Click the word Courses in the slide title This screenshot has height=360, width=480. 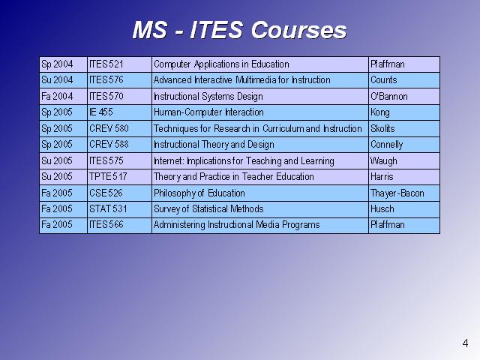pyautogui.click(x=298, y=30)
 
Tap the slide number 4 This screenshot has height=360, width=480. pyautogui.click(x=465, y=343)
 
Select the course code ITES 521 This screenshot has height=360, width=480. pyautogui.click(x=106, y=64)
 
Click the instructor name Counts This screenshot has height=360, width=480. pyautogui.click(x=383, y=80)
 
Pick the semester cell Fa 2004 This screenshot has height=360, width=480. pyautogui.click(x=57, y=97)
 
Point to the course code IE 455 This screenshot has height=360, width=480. pyautogui.click(x=101, y=112)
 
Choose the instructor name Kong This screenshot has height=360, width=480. pyautogui.click(x=380, y=112)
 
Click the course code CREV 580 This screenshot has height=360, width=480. pyautogui.click(x=109, y=128)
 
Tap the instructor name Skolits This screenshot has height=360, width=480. pyautogui.click(x=382, y=128)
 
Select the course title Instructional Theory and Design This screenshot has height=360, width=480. pyautogui.click(x=214, y=145)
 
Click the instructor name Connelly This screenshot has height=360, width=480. pyautogui.click(x=387, y=145)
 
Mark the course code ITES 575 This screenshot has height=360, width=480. pyautogui.click(x=106, y=160)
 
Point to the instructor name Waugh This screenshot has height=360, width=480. pyautogui.click(x=383, y=161)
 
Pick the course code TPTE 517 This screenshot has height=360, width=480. pyautogui.click(x=108, y=177)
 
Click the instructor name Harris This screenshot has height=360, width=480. pyautogui.click(x=382, y=177)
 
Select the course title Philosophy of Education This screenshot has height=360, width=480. pyautogui.click(x=199, y=193)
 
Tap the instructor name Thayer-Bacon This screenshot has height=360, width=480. pyautogui.click(x=397, y=193)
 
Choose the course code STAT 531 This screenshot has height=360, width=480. pyautogui.click(x=108, y=208)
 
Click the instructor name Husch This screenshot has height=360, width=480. pyautogui.click(x=382, y=208)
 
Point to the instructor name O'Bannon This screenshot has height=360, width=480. pyautogui.click(x=389, y=97)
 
